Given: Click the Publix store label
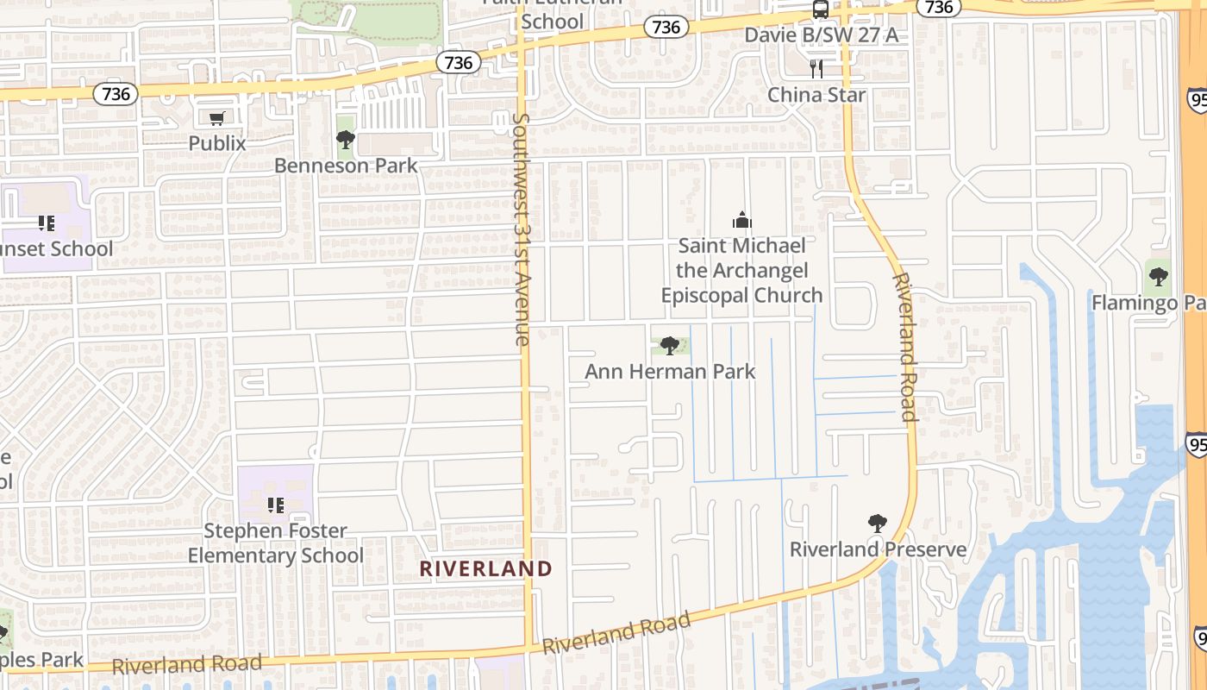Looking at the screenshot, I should [x=217, y=143].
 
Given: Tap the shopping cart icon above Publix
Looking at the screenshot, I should [x=217, y=118].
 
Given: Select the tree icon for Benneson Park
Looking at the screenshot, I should [x=346, y=139].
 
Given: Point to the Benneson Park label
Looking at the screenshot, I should [x=346, y=165].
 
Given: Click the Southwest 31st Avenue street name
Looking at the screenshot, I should [x=520, y=229].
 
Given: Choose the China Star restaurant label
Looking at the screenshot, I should [x=816, y=94].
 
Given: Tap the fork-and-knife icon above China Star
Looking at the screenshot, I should [x=816, y=69].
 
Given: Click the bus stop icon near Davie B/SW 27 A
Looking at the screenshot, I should [x=821, y=9].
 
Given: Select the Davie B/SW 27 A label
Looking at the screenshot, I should [x=821, y=34].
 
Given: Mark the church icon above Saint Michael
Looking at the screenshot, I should [x=741, y=221].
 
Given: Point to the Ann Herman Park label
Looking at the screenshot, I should [x=670, y=372].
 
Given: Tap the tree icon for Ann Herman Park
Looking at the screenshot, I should [x=669, y=346].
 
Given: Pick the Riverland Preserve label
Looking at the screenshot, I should [x=878, y=549].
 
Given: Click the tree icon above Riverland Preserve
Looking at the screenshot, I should [x=878, y=523].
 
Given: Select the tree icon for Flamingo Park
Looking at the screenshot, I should [x=1159, y=277].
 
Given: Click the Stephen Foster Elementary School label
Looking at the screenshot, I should [x=276, y=543].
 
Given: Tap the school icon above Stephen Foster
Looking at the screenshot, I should [x=276, y=505].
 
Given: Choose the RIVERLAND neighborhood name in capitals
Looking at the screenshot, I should [x=485, y=568].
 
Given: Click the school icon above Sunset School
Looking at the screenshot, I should [x=47, y=223].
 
